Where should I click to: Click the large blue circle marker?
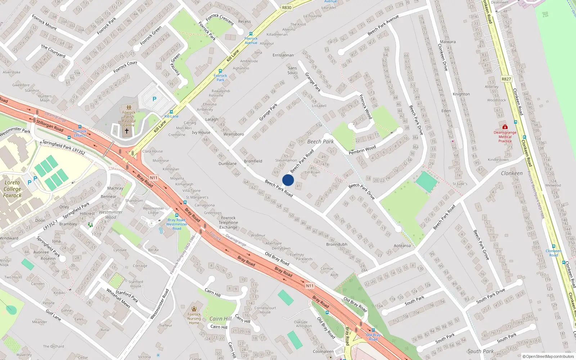point(288,180)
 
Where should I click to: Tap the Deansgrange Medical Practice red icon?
point(505,127)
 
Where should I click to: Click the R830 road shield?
point(287,8)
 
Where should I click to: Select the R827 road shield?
point(506,79)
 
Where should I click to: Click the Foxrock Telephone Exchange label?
point(228,222)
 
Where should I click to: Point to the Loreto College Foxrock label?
point(12,189)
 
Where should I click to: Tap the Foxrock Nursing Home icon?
point(194,309)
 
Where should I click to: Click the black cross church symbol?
point(126,131)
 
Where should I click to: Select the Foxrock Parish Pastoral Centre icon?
point(129,107)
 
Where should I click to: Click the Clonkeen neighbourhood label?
point(512,173)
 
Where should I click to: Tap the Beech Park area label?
point(320,141)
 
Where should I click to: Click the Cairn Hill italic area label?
point(220,319)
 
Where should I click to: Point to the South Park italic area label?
point(481,351)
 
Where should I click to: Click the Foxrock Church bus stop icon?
point(80,127)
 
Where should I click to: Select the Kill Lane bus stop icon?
point(171,112)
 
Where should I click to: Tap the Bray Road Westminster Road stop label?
point(176,224)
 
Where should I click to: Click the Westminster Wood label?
point(111,215)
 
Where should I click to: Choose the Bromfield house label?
point(253,161)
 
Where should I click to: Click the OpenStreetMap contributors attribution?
point(548,356)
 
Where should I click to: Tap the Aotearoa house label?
point(402,246)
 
